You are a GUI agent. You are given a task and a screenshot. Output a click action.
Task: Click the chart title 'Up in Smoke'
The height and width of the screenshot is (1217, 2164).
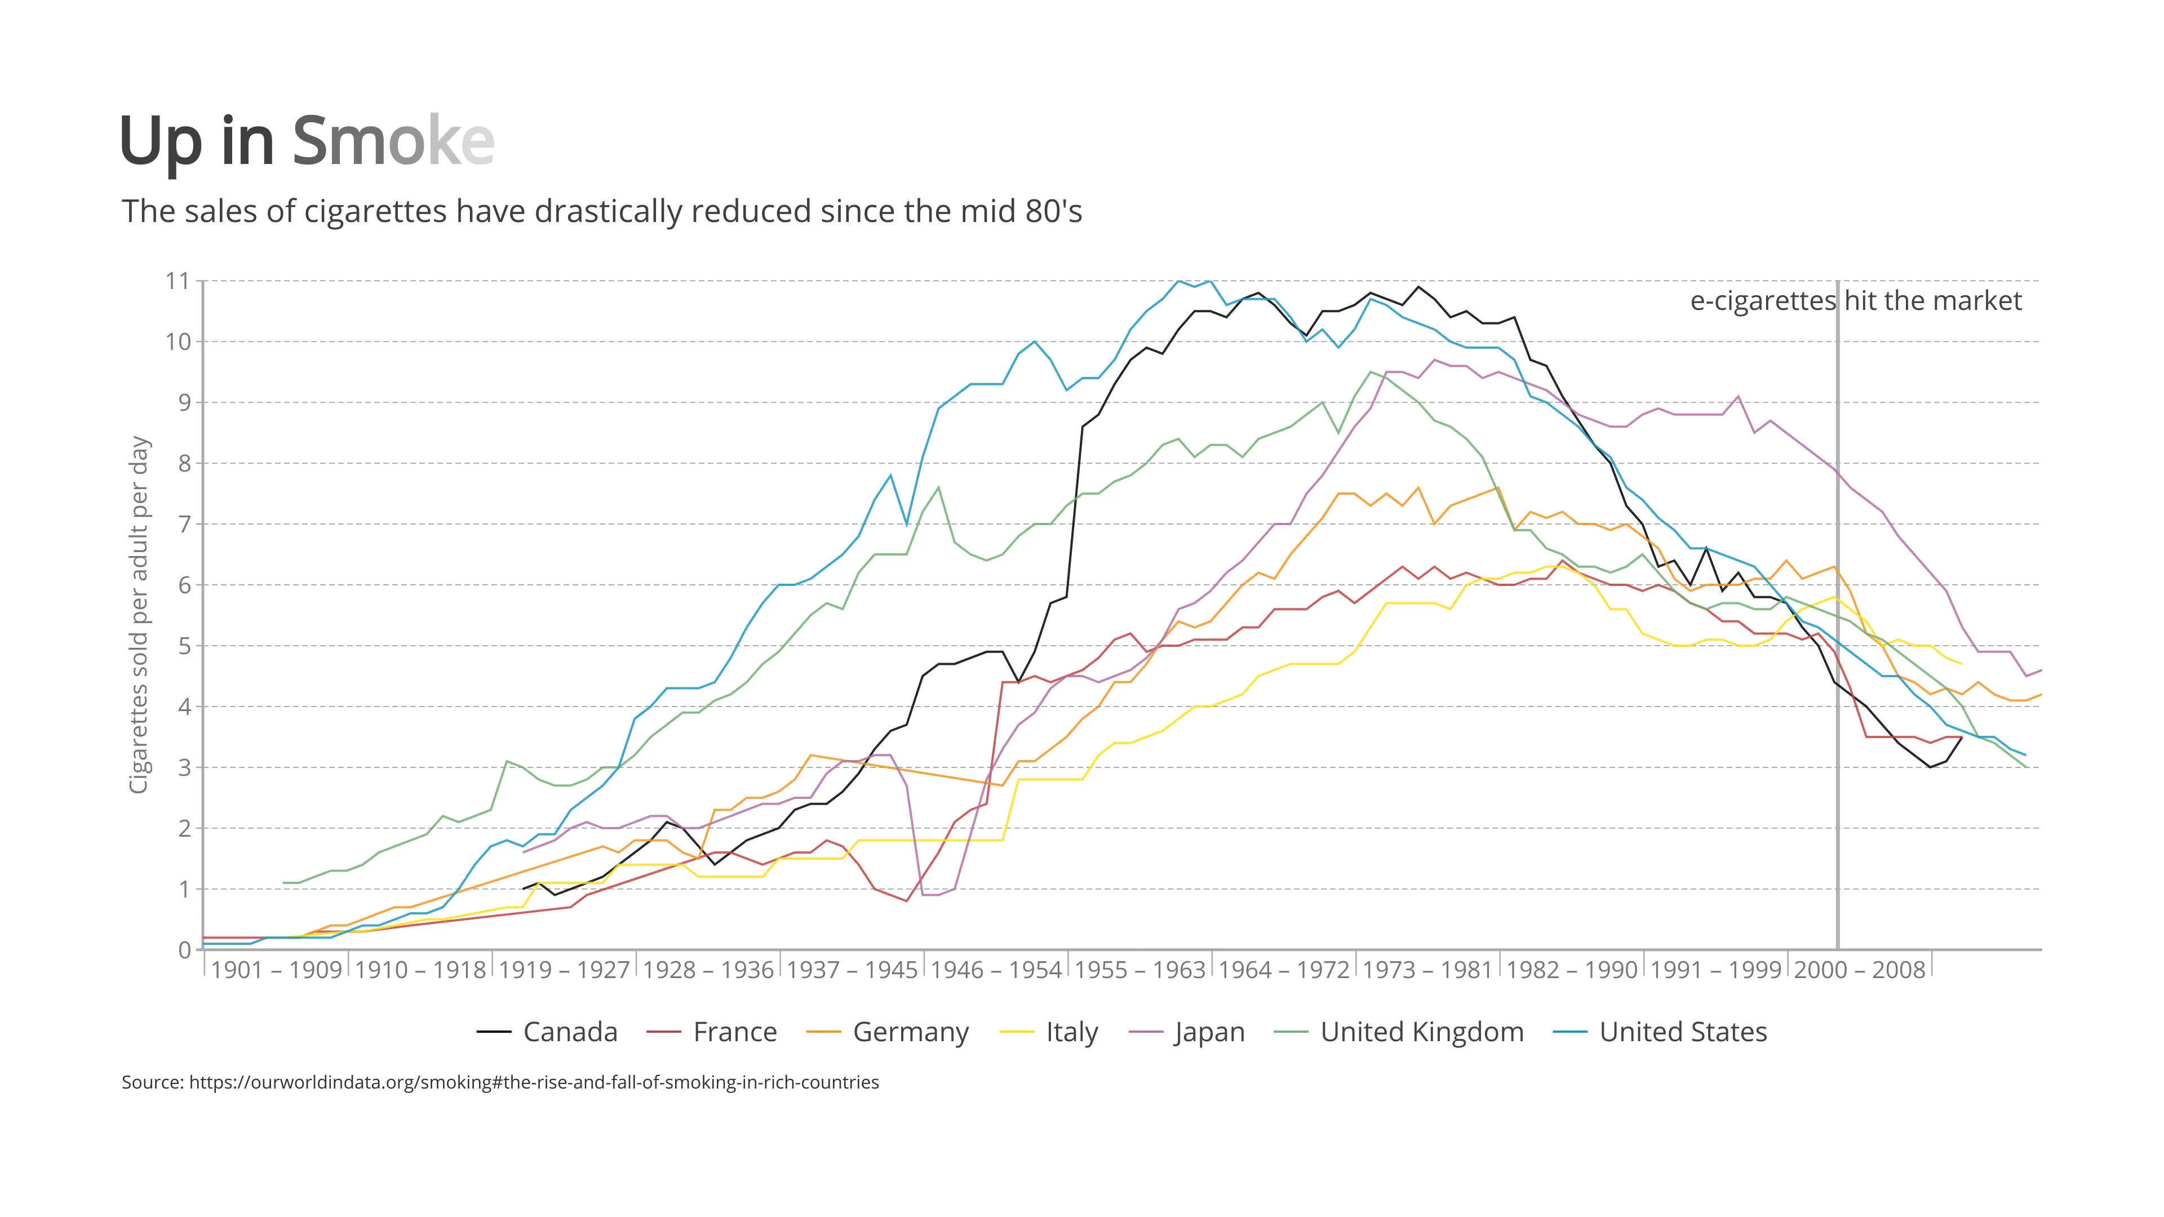tap(307, 141)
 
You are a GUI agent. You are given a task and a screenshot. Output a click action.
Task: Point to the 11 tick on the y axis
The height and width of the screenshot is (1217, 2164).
tap(178, 281)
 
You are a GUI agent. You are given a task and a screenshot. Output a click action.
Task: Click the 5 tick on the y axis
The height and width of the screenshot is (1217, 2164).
tap(184, 646)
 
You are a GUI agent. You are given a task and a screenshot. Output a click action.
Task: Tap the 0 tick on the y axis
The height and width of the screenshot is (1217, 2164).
tap(184, 950)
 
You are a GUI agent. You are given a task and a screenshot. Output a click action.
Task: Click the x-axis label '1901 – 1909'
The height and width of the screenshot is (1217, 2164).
tap(276, 970)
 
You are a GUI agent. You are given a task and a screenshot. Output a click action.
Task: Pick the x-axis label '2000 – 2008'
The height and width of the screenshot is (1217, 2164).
tap(1859, 970)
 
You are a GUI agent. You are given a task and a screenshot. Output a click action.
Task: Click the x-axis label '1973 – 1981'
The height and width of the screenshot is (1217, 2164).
tap(1427, 970)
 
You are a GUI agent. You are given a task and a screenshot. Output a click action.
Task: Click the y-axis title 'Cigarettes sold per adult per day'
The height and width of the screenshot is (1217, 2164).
tap(139, 614)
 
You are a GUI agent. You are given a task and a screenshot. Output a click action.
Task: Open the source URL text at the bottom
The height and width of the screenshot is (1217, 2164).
tap(500, 1082)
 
